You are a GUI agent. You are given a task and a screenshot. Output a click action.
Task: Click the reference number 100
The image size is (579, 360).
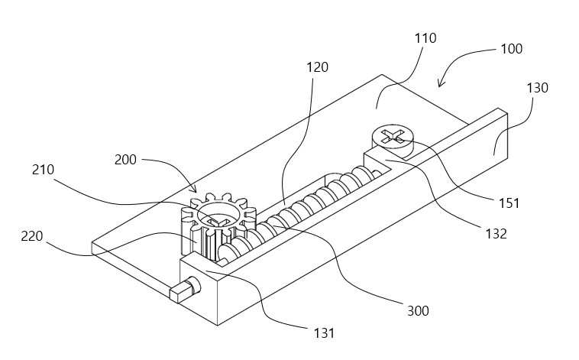(x=512, y=49)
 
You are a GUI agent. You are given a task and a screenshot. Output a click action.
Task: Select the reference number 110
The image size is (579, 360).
(x=425, y=38)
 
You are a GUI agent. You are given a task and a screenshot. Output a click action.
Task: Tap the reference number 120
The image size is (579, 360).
(x=317, y=67)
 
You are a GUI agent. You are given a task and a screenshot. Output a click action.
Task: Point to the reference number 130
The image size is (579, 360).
(x=537, y=88)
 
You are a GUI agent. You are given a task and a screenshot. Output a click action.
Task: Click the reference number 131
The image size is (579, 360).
(x=324, y=333)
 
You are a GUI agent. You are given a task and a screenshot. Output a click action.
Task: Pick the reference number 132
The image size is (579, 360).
(x=496, y=234)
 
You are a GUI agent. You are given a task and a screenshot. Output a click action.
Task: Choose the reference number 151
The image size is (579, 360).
(x=509, y=203)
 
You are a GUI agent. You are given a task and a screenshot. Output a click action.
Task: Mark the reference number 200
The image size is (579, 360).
(x=125, y=160)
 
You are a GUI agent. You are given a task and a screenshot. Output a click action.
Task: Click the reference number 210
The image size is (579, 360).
(x=44, y=170)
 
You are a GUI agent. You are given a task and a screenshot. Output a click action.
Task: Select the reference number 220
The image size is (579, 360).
(x=32, y=236)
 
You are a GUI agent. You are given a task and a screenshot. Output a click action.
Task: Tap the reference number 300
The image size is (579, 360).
(x=418, y=311)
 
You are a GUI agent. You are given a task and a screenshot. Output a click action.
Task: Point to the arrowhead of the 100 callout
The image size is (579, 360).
(x=440, y=85)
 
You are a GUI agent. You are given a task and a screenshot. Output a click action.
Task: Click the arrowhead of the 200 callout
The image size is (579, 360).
(x=194, y=190)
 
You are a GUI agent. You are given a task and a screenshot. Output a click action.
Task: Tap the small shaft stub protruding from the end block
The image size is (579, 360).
(x=185, y=290)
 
